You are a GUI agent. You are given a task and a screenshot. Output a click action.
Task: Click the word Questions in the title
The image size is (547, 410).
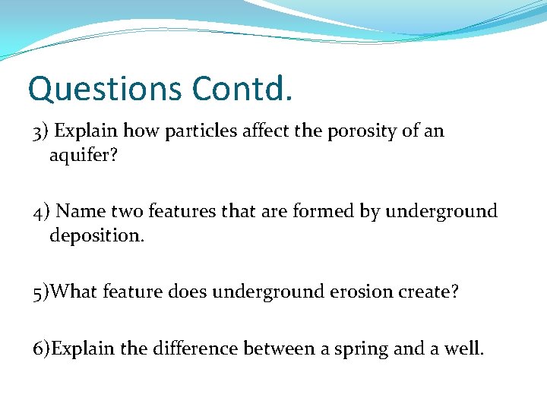[x=105, y=89]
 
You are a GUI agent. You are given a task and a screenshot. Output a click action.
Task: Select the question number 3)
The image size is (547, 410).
[x=41, y=131]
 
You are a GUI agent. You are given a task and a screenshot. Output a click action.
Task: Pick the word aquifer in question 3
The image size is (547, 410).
[x=81, y=156]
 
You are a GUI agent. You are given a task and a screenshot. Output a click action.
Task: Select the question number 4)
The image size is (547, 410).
[x=42, y=211]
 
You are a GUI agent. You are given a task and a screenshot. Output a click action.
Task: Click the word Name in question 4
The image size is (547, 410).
[x=78, y=211]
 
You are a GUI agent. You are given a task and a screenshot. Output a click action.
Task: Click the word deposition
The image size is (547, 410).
[x=96, y=236]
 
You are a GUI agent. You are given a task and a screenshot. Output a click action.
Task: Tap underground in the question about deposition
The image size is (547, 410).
[x=441, y=211]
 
